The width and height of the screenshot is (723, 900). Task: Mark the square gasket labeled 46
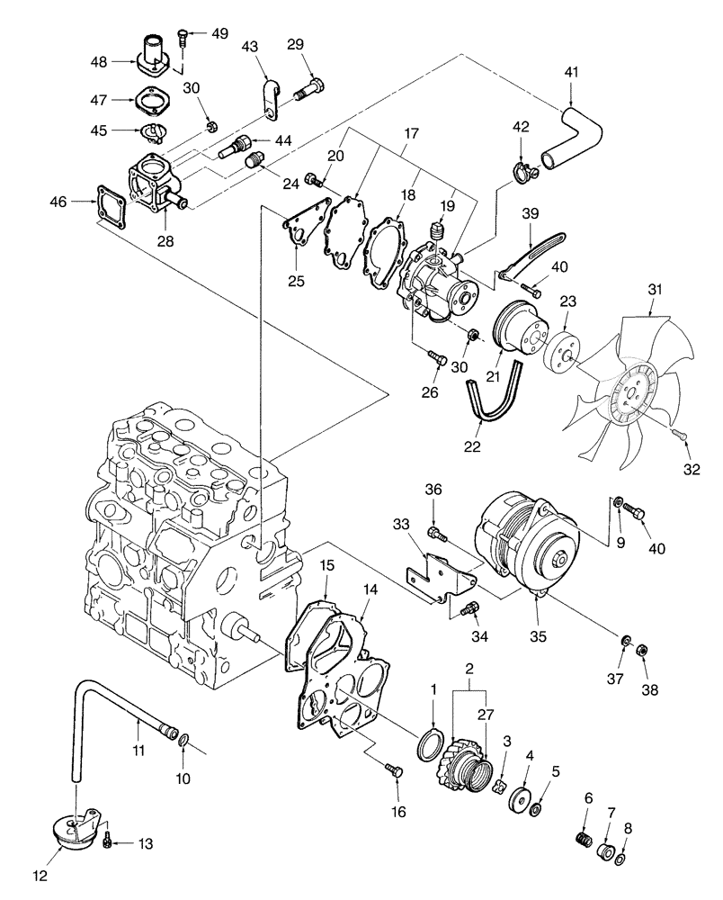(x=109, y=205)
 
